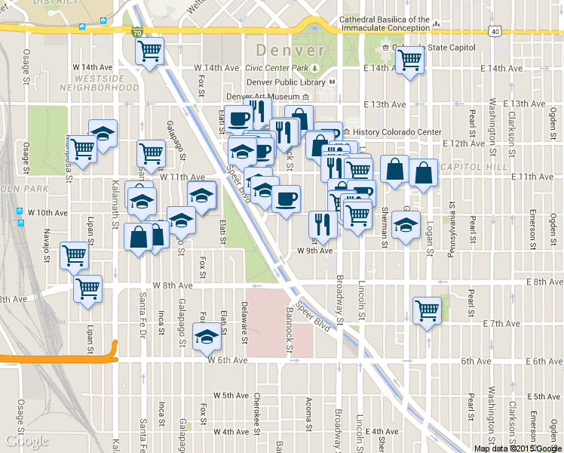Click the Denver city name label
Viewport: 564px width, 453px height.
[x=290, y=51]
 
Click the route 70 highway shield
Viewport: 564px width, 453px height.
[x=136, y=33]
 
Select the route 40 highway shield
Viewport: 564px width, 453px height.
[x=493, y=32]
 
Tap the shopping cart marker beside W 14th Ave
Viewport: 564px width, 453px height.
[x=150, y=51]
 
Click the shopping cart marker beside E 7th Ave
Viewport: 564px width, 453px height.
[x=427, y=310]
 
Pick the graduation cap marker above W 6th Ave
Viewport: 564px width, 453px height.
[x=206, y=336]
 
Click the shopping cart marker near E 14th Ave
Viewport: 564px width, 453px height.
[x=409, y=59]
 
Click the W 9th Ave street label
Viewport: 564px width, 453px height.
[x=315, y=250]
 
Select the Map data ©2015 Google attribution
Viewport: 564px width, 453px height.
[x=517, y=448]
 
